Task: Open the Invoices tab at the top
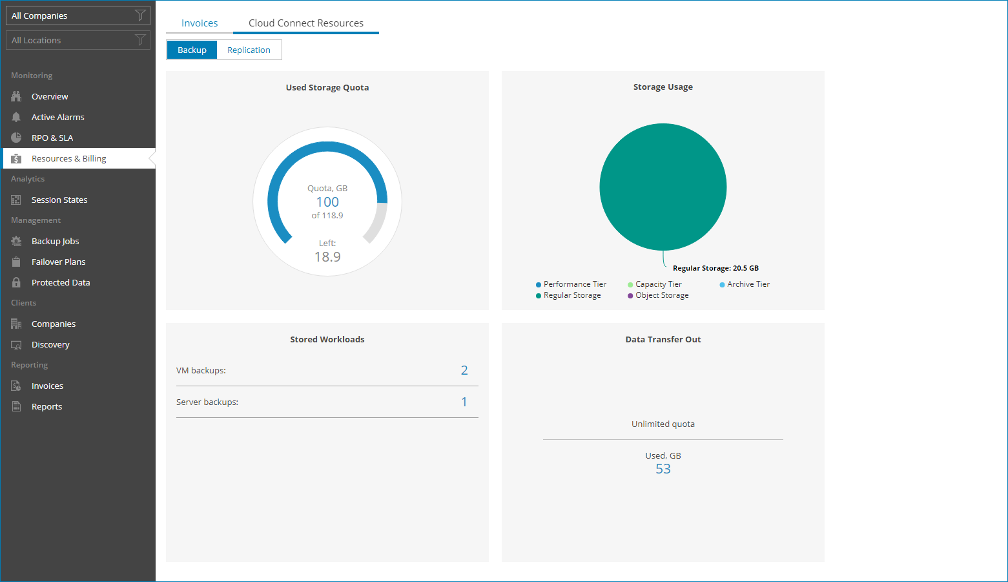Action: [200, 23]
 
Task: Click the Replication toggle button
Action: [249, 50]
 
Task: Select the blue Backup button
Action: [192, 50]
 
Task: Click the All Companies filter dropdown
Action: [77, 16]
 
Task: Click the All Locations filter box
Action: [77, 40]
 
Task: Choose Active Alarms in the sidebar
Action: [57, 117]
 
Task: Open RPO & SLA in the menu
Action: [52, 138]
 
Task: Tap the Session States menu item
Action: [59, 200]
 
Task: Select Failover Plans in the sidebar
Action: [58, 262]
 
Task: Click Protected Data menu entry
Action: [61, 282]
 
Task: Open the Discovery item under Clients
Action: [50, 344]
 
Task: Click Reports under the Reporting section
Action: [46, 406]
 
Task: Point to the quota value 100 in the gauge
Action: [327, 202]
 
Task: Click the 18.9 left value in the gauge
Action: [327, 257]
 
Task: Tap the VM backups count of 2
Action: [464, 370]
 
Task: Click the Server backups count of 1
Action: [464, 402]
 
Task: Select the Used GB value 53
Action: [663, 469]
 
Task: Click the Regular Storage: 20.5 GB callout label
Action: [715, 268]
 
